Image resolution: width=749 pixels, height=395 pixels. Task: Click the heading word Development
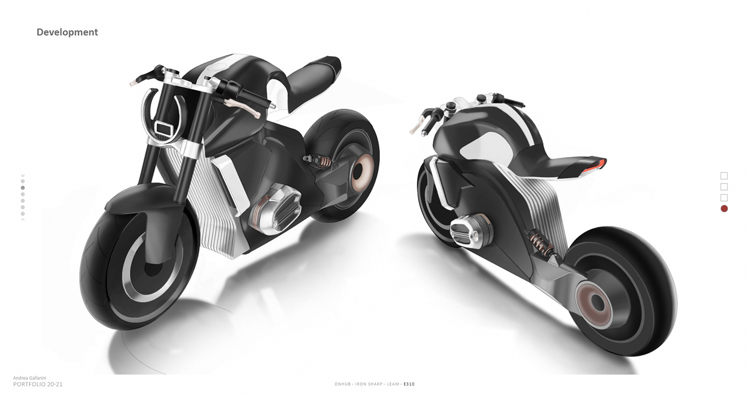pos(67,32)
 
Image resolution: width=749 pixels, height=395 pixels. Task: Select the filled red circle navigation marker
pos(724,209)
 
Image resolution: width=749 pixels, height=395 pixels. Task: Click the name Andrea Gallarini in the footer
pos(29,378)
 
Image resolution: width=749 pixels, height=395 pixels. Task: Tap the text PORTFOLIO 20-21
pos(38,384)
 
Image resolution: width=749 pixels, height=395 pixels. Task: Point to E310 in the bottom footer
pos(409,384)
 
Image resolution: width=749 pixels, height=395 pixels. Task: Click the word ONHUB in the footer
pos(342,384)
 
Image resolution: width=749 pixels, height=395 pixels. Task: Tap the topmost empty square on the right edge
pos(724,176)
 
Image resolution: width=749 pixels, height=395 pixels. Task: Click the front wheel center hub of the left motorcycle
pos(150,268)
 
